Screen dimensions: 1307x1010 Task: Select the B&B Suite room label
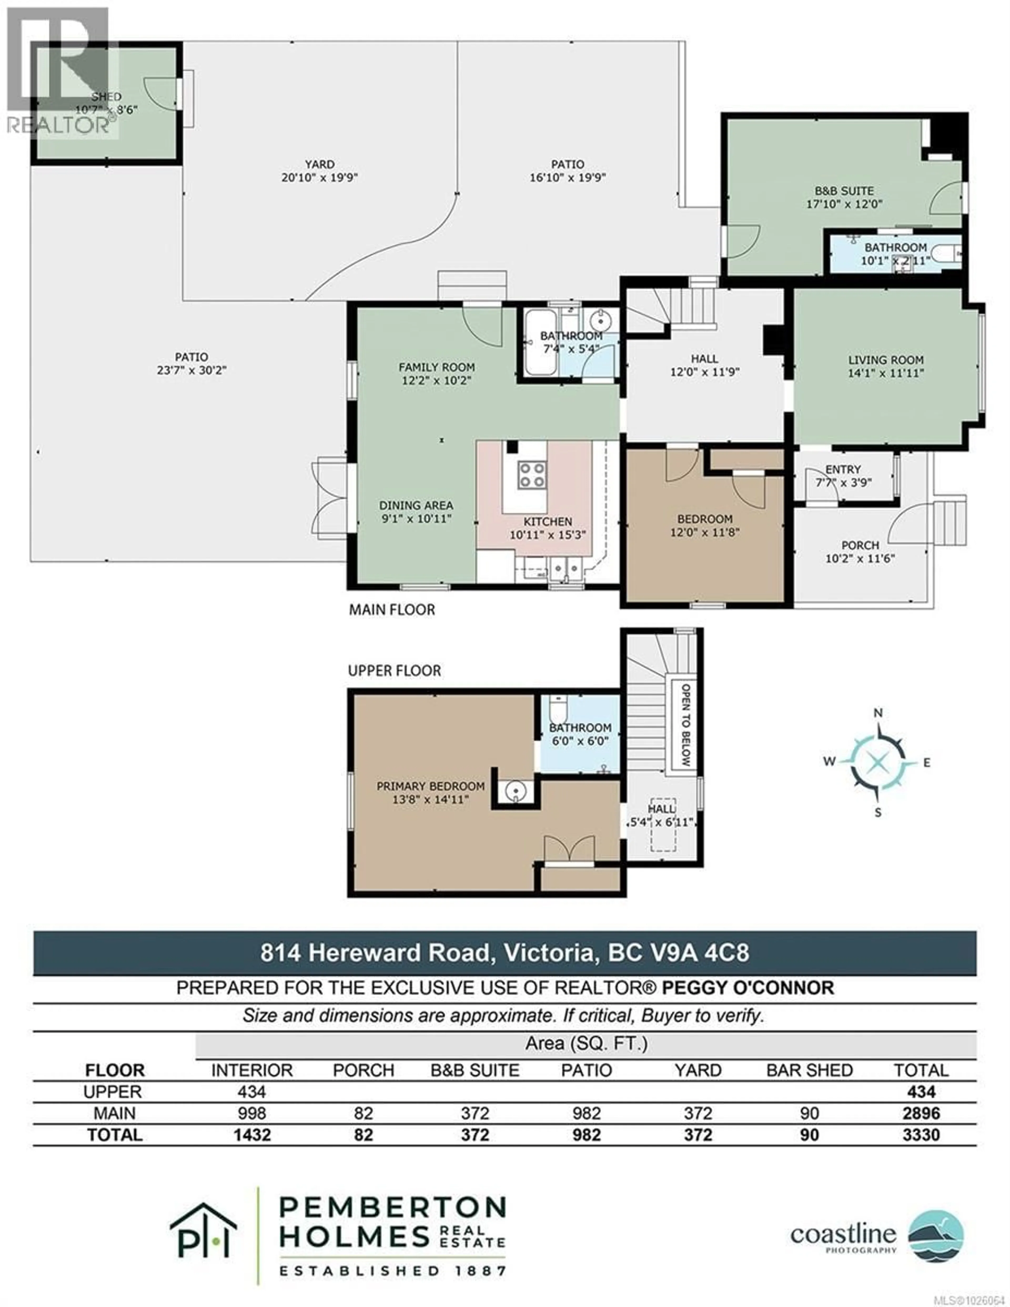click(844, 191)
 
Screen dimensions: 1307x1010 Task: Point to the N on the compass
click(878, 713)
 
